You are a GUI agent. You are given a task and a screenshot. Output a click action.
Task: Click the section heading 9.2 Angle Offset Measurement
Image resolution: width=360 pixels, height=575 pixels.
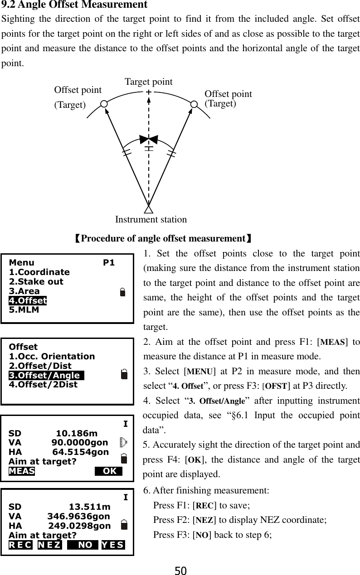click(x=75, y=5)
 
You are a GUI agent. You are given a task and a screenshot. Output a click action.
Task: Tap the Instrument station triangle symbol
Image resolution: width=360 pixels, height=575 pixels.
click(x=148, y=209)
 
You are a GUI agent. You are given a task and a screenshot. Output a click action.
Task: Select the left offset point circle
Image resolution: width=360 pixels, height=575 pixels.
click(x=104, y=104)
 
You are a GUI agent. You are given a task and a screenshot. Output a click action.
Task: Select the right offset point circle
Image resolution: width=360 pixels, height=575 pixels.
click(x=194, y=104)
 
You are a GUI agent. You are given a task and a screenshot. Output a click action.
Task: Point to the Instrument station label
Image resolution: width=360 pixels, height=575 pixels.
click(x=151, y=220)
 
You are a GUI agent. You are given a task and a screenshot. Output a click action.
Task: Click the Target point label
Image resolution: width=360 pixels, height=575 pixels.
click(x=148, y=82)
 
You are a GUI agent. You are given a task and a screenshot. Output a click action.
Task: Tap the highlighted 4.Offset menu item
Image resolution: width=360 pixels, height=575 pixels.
click(x=28, y=300)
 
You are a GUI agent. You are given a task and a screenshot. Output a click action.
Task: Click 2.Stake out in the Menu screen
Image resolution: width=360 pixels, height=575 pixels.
click(x=36, y=281)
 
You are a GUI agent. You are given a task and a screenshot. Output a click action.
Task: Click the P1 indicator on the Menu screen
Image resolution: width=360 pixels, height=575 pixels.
click(x=109, y=263)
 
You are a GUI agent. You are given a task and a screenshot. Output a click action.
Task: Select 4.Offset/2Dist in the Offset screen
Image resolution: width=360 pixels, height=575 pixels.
click(x=43, y=384)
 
